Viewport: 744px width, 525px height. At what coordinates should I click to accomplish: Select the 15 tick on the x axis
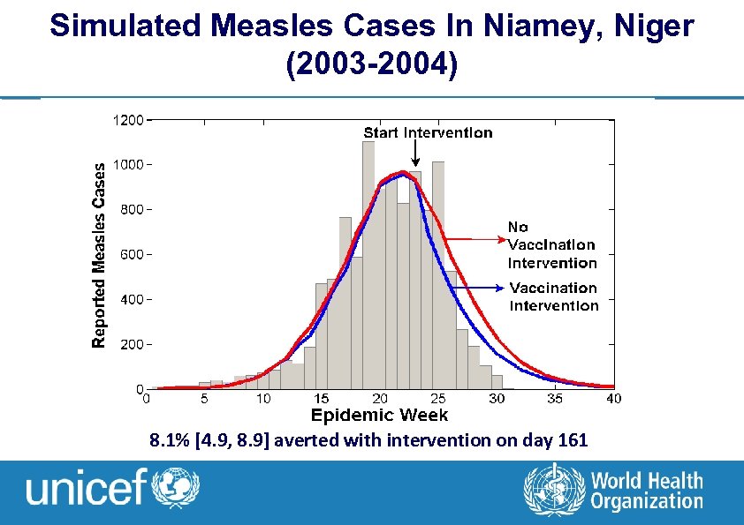(x=322, y=399)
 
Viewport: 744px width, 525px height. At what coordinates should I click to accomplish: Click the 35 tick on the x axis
(x=555, y=399)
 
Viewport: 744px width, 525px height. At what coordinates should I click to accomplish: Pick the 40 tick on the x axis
(x=613, y=399)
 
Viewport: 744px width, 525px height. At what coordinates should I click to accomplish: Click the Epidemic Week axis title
(x=379, y=415)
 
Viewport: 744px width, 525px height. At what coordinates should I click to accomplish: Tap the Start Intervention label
(x=429, y=132)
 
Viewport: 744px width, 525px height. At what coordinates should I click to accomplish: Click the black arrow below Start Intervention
(x=416, y=154)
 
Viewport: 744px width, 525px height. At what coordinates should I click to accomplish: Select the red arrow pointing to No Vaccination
(x=473, y=238)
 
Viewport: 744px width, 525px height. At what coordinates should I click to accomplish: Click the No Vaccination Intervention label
(x=551, y=245)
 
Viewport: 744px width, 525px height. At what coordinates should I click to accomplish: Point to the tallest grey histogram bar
(x=368, y=265)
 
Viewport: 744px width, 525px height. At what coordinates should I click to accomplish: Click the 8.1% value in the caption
(x=171, y=440)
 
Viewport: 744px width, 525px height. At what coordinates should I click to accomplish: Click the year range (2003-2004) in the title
(x=372, y=66)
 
